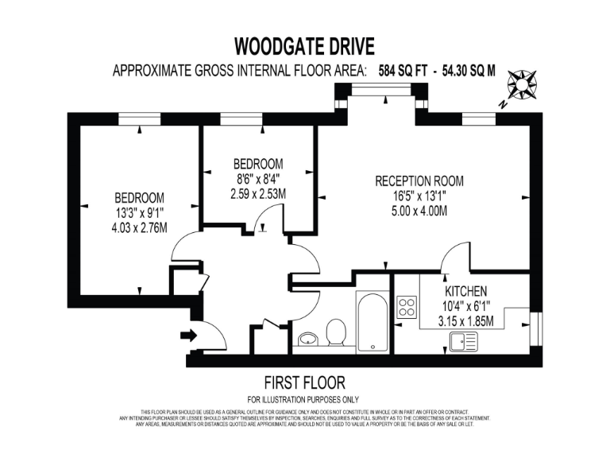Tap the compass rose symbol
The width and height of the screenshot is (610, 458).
pyautogui.click(x=523, y=83)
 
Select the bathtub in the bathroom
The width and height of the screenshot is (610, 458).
pyautogui.click(x=372, y=322)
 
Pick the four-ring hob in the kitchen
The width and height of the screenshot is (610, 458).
pyautogui.click(x=407, y=306)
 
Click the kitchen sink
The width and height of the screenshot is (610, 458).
pyautogui.click(x=462, y=342)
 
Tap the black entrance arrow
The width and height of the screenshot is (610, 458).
pyautogui.click(x=189, y=335)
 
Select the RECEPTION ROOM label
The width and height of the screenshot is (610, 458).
pyautogui.click(x=419, y=180)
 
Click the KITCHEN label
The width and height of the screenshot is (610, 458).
pyautogui.click(x=466, y=291)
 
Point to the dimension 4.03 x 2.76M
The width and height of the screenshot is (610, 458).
pyautogui.click(x=139, y=228)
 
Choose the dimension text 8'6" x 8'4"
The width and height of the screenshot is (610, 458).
pyautogui.click(x=258, y=178)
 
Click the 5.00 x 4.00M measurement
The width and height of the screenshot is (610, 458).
pyautogui.click(x=419, y=212)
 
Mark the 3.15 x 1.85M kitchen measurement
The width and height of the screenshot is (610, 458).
pyautogui.click(x=466, y=321)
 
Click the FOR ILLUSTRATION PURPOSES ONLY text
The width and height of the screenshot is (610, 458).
pyautogui.click(x=303, y=399)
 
